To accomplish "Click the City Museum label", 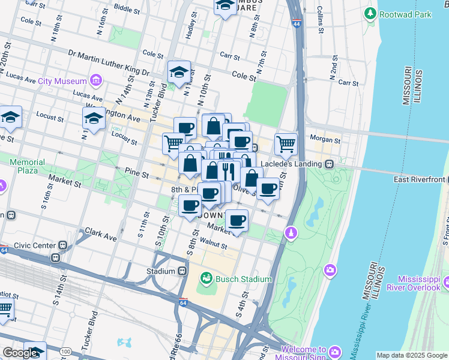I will tap(62, 81).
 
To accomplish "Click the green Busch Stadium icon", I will tap(206, 278).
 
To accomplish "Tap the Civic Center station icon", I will tap(62, 245).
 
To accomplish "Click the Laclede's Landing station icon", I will tap(329, 163).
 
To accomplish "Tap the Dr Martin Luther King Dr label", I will tap(109, 63).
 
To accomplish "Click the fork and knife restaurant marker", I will tap(227, 172).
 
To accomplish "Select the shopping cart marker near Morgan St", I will tap(286, 144).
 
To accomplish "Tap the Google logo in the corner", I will tap(20, 353).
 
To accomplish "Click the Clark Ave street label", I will tap(100, 233).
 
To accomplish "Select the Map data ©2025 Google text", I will tap(411, 355).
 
